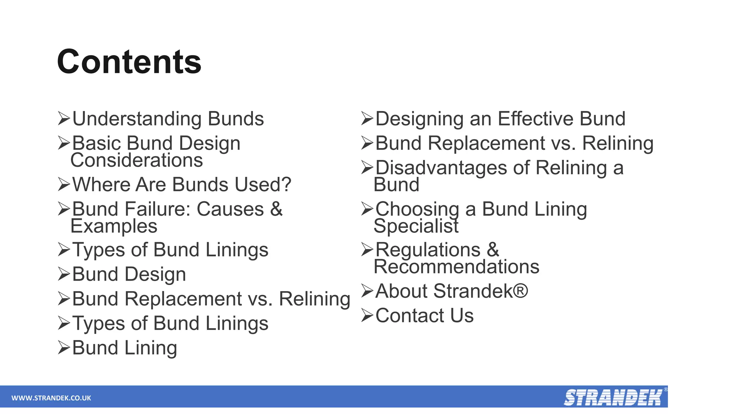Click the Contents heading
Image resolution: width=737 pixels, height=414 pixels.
pos(129,62)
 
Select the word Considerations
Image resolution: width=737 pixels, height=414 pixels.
pos(137,160)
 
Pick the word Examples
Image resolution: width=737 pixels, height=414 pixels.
pos(114,226)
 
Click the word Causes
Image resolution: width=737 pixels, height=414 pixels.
pos(230,209)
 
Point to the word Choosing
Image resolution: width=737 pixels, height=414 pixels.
pos(417,210)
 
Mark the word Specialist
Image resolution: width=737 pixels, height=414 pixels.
pos(416,226)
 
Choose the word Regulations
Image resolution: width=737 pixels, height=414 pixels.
pos(428,250)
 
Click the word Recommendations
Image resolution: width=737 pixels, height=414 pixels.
pos(456,267)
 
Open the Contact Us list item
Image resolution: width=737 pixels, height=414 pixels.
pos(424,316)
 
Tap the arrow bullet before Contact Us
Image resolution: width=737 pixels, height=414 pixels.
pos(367,315)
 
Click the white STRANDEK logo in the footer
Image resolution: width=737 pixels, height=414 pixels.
pos(613,397)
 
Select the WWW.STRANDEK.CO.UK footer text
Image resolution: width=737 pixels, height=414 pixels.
pos(51,398)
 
